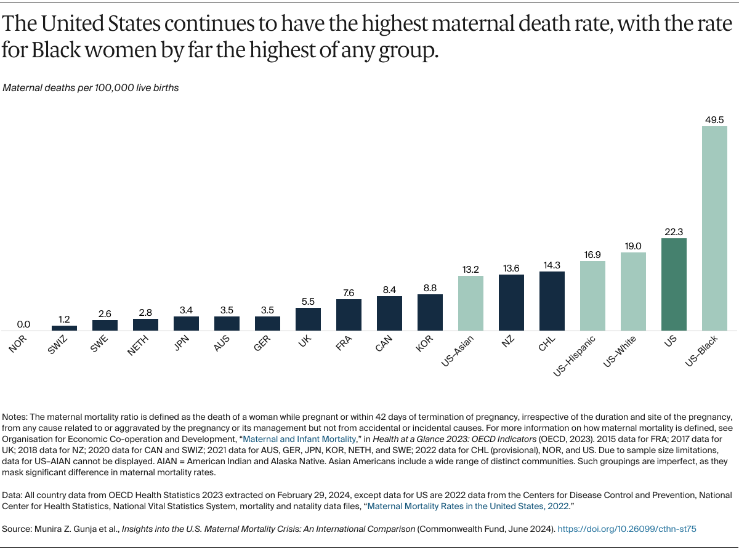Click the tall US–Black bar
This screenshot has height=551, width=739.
[x=714, y=228]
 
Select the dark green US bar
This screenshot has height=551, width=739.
[x=674, y=284]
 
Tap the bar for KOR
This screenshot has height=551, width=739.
[x=430, y=312]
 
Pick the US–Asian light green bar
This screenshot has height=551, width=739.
[x=470, y=303]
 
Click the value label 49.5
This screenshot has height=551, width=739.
[x=714, y=119]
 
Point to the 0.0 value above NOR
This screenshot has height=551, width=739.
[x=23, y=324]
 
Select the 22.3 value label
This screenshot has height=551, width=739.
[x=674, y=231]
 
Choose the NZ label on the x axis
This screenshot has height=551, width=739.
[x=506, y=341]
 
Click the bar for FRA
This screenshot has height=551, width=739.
[x=349, y=315]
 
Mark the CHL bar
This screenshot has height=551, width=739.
[x=552, y=301]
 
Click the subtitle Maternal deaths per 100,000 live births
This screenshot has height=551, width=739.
[x=91, y=88]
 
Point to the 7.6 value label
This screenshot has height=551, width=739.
[x=349, y=292]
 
